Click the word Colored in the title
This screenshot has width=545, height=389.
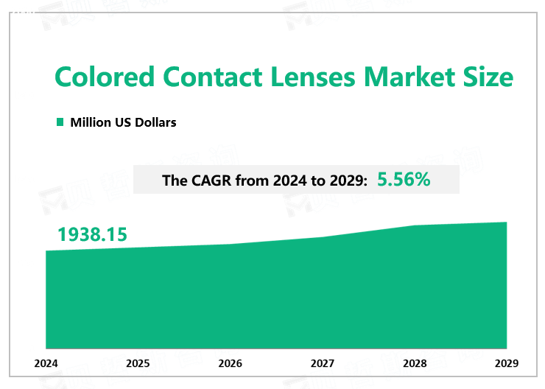[x=105, y=77]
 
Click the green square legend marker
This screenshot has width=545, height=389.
[x=60, y=122]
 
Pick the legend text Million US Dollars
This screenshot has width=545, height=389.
[x=123, y=122]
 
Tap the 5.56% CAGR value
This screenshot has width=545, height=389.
[x=404, y=179]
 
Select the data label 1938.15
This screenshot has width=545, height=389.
[x=93, y=235]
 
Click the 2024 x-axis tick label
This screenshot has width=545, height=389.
[x=46, y=363]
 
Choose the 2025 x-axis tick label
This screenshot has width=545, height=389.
[x=138, y=363]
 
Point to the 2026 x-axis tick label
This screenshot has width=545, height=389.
[x=231, y=363]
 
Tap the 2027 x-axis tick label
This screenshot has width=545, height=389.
[x=323, y=363]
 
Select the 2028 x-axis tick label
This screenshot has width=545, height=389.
[x=415, y=363]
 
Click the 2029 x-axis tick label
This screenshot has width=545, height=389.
[x=507, y=363]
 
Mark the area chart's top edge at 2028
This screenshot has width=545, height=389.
[x=415, y=225]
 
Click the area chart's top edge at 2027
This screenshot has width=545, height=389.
[x=323, y=237]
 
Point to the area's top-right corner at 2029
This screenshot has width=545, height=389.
[x=507, y=222]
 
